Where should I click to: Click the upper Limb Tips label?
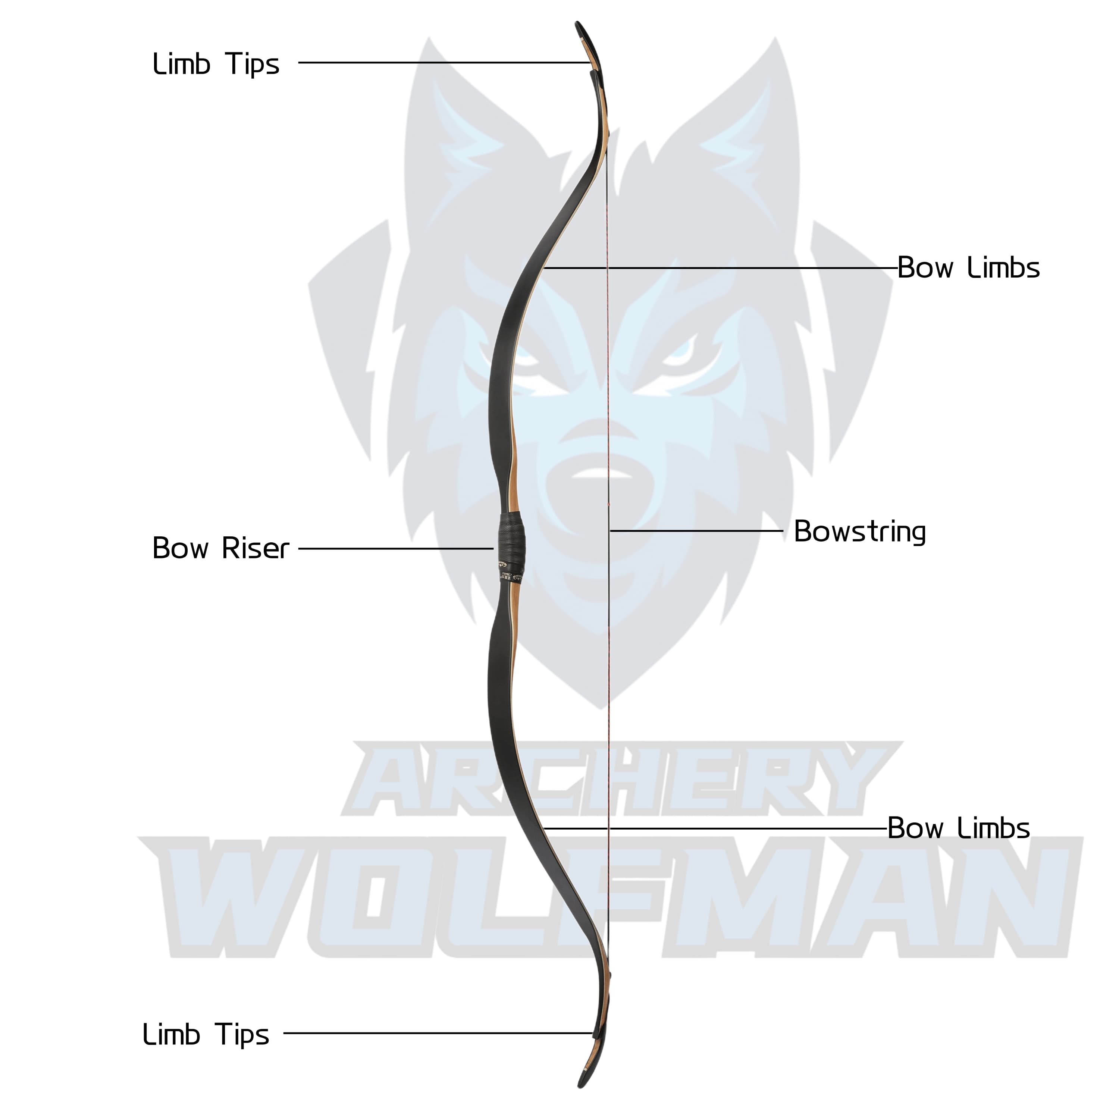tap(216, 64)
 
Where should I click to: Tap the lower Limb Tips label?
tap(206, 1034)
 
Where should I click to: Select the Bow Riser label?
tap(220, 548)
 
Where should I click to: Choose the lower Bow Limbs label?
tap(959, 828)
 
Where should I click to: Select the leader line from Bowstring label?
tap(695, 530)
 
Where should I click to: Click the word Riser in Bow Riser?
tap(255, 548)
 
